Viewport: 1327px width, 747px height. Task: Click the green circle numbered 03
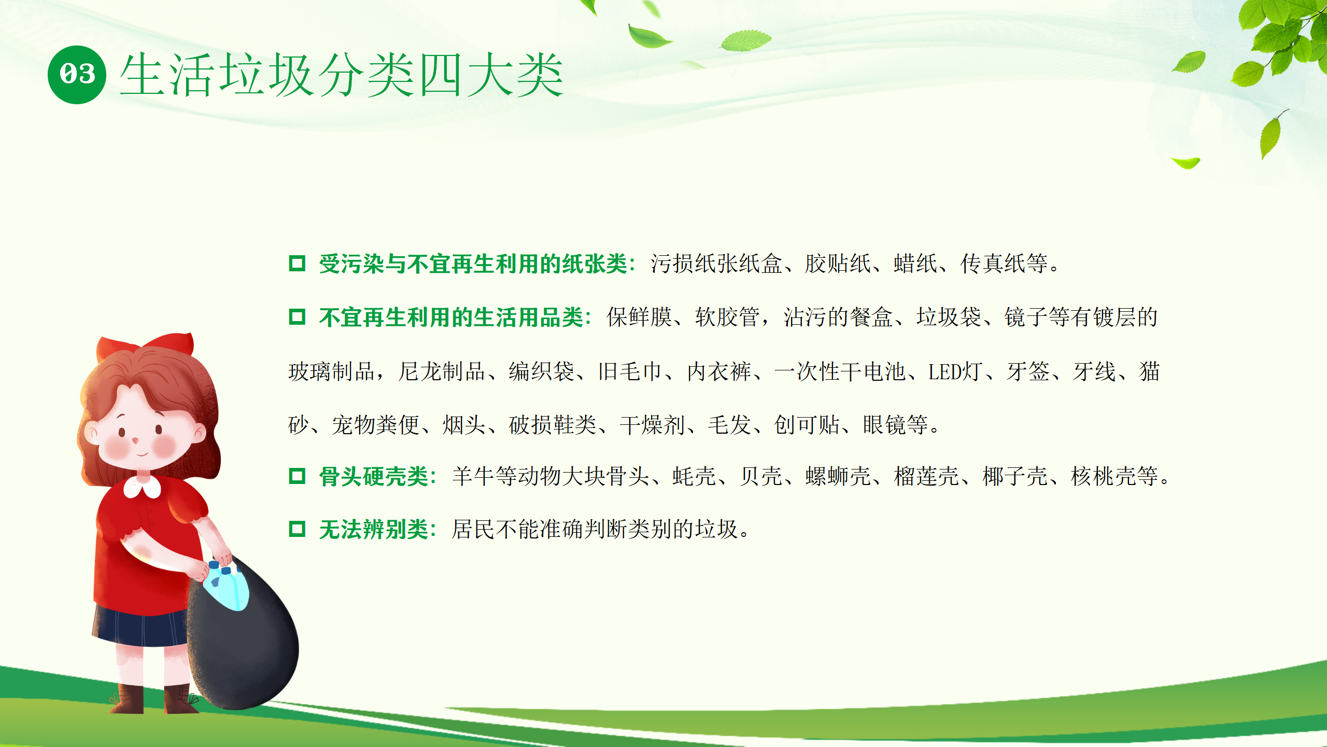click(77, 75)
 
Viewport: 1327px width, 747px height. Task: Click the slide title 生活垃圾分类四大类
click(342, 75)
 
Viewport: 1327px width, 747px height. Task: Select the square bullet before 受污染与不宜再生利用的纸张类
click(297, 263)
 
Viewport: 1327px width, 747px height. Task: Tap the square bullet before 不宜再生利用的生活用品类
click(297, 316)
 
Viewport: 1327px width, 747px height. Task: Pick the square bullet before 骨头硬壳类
click(297, 476)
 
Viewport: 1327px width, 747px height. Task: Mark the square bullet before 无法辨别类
click(297, 529)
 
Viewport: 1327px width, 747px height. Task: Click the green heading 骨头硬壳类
click(374, 476)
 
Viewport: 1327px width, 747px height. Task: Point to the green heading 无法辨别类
click(374, 530)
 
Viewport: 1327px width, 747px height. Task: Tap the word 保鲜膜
click(639, 317)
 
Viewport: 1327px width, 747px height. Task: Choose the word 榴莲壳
click(926, 476)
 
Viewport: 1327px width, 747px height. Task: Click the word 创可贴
click(807, 425)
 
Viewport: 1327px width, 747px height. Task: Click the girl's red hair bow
click(146, 347)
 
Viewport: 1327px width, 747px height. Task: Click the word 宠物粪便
click(375, 425)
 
